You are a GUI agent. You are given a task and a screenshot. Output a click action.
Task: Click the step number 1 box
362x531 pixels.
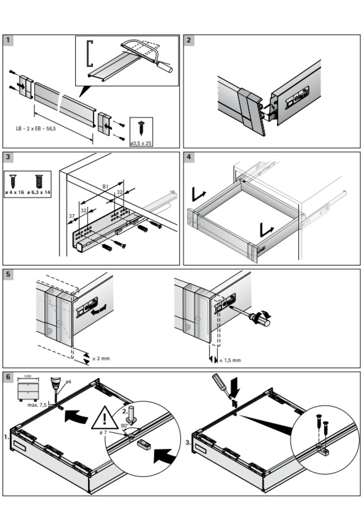pos(8,40)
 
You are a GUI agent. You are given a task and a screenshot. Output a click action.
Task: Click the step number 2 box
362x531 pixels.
pos(189,40)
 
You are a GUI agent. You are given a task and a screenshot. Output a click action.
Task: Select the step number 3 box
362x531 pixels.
pos(8,157)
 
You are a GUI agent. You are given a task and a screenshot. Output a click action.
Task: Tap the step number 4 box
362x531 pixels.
pos(189,157)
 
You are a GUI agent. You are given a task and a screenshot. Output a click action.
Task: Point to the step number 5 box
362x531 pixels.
pos(8,275)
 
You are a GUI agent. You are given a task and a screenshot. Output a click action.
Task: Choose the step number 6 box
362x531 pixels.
pos(8,377)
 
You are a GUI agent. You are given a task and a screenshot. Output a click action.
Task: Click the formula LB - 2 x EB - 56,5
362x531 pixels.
pos(36,129)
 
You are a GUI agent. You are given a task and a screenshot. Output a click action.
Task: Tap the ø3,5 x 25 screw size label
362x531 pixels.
pos(141,143)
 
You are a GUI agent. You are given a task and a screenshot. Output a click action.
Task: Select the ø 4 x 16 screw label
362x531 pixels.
pos(14,192)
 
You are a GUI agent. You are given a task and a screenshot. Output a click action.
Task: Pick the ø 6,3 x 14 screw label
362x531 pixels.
pos(39,192)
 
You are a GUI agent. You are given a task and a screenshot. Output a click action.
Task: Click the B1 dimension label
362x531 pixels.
pos(105,187)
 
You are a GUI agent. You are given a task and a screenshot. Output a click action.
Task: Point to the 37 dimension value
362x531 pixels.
pos(71,216)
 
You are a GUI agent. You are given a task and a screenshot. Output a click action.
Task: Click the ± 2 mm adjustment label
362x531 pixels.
pos(101,358)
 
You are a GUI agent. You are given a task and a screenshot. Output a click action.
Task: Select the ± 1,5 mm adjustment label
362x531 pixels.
pos(230,360)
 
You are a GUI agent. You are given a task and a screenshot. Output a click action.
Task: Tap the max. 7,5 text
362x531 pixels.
pos(37,405)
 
